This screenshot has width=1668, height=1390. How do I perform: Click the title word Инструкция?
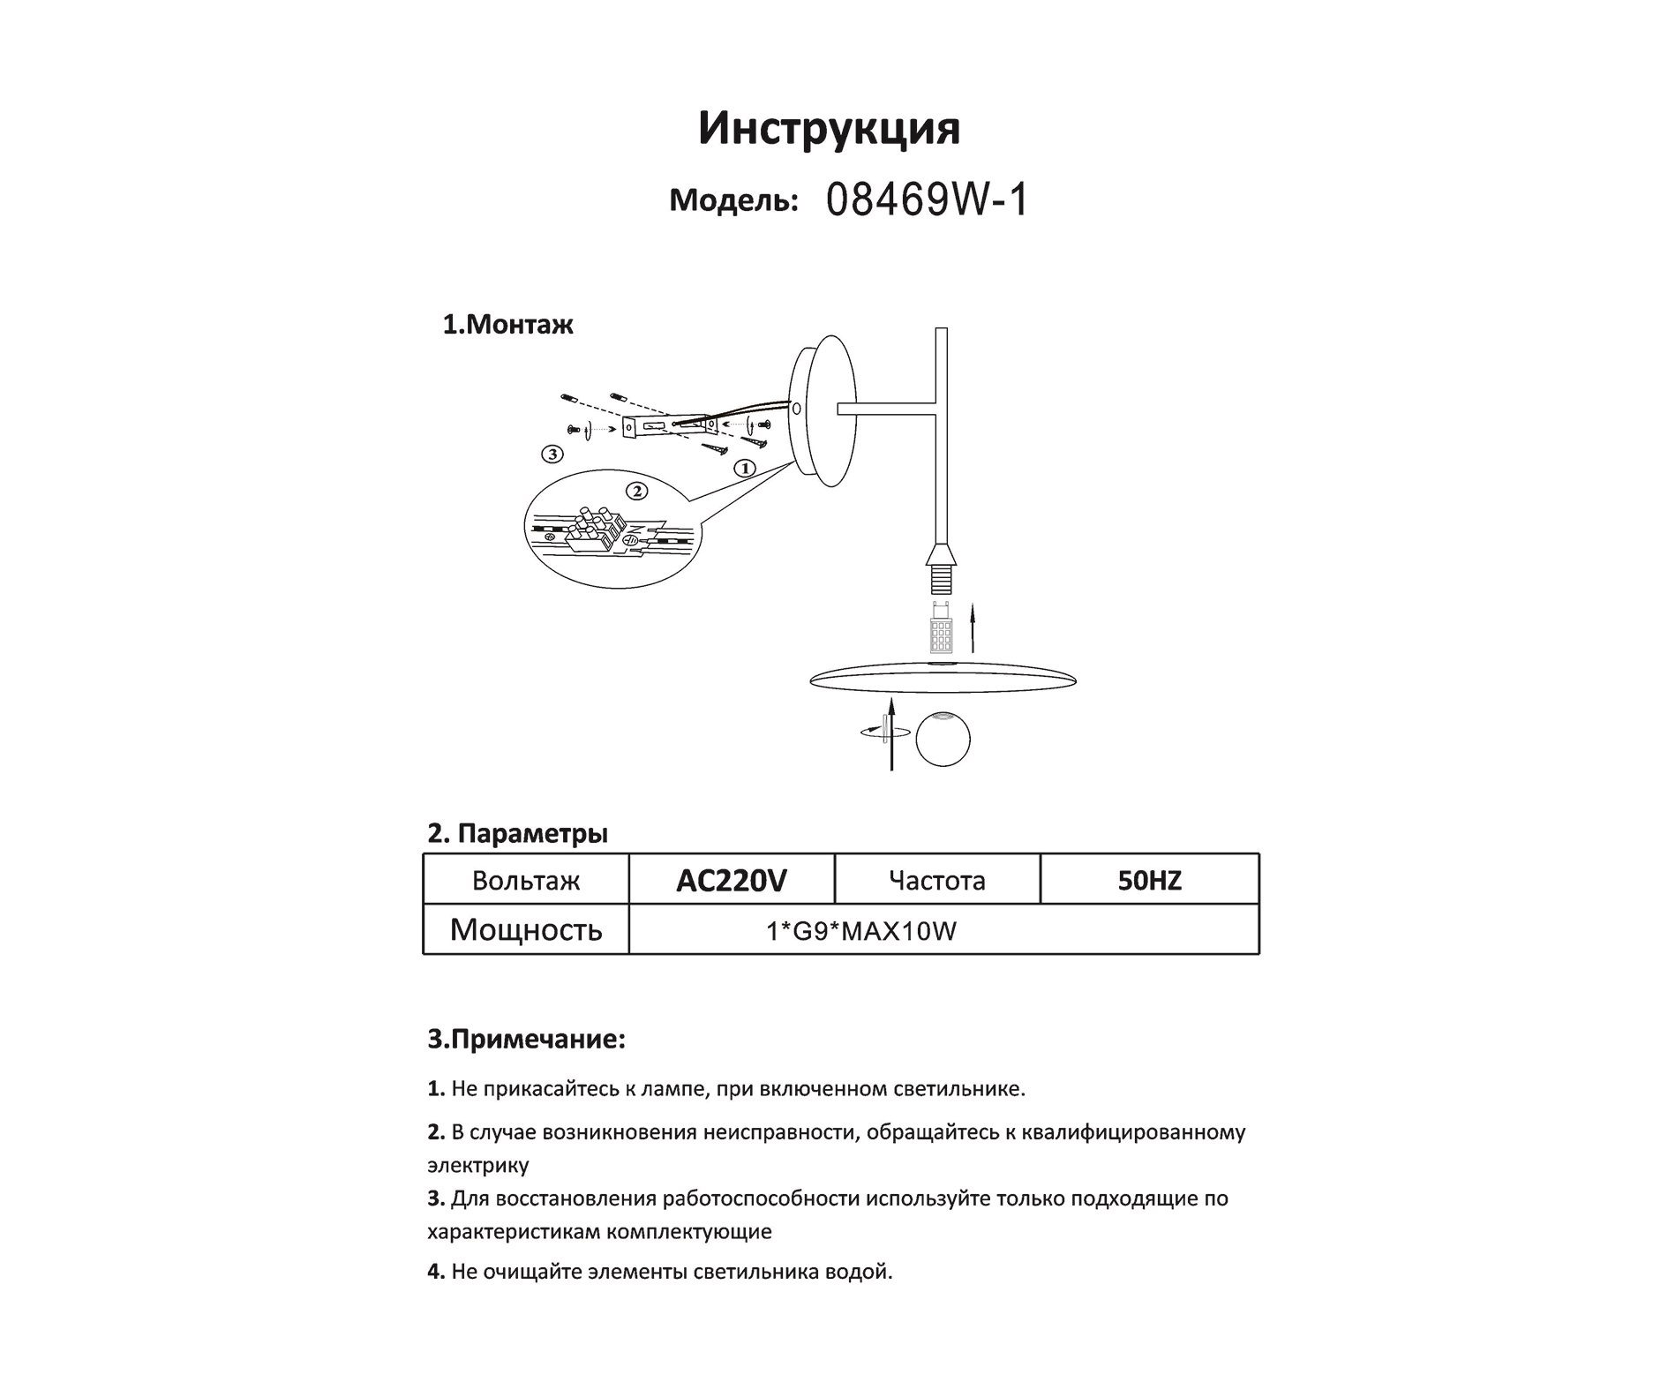(x=829, y=129)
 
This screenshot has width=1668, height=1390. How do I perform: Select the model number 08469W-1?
(x=927, y=201)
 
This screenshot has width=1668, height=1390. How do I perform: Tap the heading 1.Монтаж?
(x=507, y=325)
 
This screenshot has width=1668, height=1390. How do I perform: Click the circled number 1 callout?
(x=745, y=468)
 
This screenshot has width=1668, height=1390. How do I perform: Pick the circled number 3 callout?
(x=552, y=455)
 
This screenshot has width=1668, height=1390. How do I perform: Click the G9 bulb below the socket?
(x=941, y=627)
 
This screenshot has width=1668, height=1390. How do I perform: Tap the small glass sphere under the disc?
(x=943, y=739)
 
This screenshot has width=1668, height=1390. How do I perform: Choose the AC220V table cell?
(x=731, y=880)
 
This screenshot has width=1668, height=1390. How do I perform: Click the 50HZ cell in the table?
(x=1149, y=880)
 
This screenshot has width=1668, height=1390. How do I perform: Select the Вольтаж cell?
(x=526, y=880)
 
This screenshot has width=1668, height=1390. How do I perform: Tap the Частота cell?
(x=936, y=880)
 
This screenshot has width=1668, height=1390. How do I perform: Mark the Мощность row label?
(x=526, y=929)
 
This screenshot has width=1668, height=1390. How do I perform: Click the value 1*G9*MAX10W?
(x=861, y=931)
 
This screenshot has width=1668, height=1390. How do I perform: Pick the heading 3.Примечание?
(x=527, y=1040)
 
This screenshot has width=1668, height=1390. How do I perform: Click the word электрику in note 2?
(x=478, y=1165)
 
